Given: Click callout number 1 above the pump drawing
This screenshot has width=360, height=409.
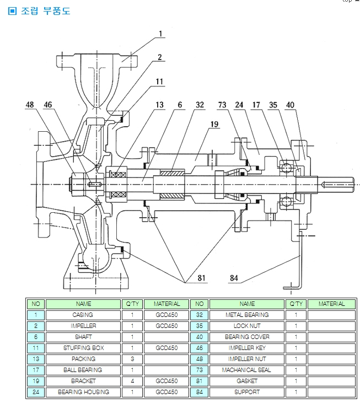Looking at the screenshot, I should coord(161,34).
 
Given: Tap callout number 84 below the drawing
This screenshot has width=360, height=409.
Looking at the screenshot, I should coord(234,278).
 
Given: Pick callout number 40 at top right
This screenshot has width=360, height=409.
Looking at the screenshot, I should coord(290,104).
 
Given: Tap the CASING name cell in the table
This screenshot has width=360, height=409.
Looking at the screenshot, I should coord(83,315).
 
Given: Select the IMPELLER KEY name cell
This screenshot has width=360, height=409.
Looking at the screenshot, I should coord(247,348).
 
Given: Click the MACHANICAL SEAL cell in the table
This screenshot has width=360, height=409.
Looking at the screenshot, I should coord(247,370).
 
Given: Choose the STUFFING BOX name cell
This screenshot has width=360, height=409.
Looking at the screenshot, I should coord(83,348).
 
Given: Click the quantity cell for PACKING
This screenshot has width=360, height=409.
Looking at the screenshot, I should coord(132,359).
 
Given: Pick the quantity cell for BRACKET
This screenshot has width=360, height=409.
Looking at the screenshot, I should coord(132,381).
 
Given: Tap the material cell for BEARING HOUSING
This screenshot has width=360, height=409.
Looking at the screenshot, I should coord(166,392).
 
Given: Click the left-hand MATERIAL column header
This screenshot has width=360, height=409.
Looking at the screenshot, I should coord(166,304).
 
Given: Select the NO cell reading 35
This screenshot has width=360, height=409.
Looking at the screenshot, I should coord(199,326).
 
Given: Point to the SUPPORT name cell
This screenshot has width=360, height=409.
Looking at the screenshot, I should coord(247,392).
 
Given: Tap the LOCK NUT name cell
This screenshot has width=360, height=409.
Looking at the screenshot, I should coord(247,326).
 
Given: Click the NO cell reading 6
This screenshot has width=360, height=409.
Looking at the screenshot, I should coord(36,337).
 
